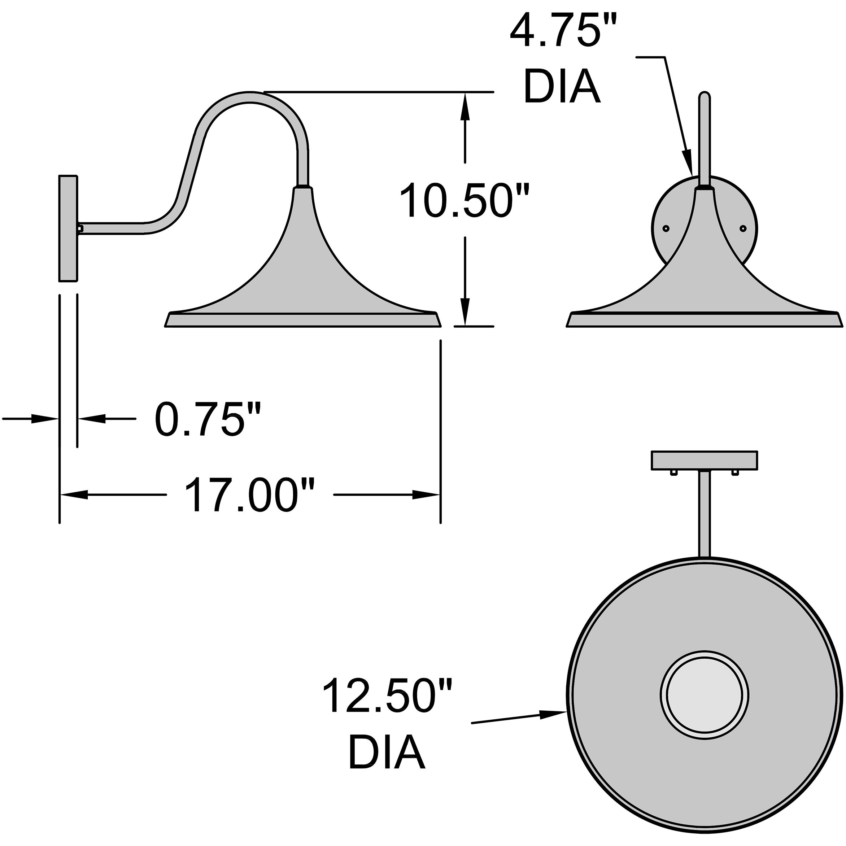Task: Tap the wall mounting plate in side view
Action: [68, 228]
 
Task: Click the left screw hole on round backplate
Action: [666, 228]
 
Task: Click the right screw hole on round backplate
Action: [743, 228]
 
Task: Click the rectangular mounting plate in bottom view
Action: [705, 460]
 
